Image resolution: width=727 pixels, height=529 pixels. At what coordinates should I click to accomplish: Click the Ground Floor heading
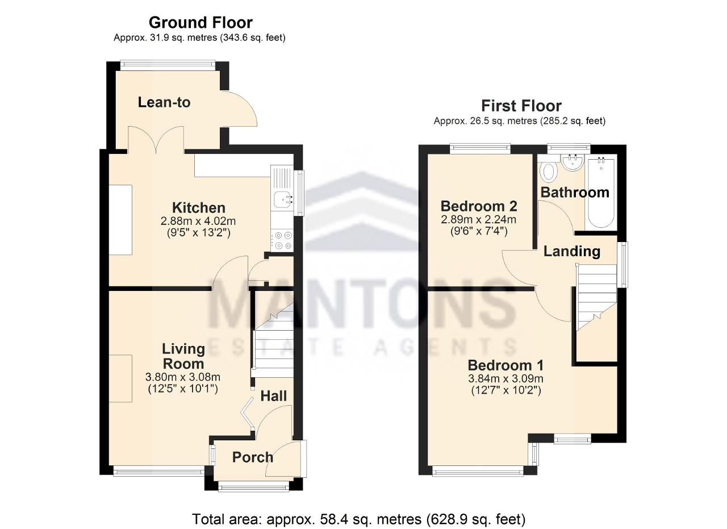click(x=200, y=23)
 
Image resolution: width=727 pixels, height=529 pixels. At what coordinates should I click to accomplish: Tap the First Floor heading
click(x=521, y=106)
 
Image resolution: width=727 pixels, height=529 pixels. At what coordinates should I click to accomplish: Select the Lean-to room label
click(x=164, y=102)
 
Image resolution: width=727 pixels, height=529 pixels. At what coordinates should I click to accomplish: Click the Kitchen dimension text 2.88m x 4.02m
click(x=198, y=221)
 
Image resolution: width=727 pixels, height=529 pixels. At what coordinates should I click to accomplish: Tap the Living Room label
click(x=183, y=356)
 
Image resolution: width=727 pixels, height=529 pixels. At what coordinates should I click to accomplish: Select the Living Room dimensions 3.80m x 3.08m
click(x=183, y=377)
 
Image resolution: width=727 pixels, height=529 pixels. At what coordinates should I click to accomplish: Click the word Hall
click(x=274, y=396)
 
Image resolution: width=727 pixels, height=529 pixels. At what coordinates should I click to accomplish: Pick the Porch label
click(x=253, y=457)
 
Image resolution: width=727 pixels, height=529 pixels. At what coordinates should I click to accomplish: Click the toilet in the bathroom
click(x=549, y=171)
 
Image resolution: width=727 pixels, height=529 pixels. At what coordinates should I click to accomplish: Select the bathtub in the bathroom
click(x=601, y=193)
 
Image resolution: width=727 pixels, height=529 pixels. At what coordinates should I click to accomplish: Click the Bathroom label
click(x=575, y=193)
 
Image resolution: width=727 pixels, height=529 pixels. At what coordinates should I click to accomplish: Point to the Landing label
click(x=572, y=252)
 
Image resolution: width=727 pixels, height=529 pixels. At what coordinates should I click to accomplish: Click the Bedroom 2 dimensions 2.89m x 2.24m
click(x=478, y=219)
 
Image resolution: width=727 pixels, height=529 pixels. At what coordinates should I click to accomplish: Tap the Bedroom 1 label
click(x=505, y=366)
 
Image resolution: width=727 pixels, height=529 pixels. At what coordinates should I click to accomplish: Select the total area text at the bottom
click(x=358, y=519)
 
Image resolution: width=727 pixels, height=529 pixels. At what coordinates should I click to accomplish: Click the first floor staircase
click(x=596, y=297)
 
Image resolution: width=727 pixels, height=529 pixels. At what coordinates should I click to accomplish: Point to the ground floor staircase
click(x=273, y=340)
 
